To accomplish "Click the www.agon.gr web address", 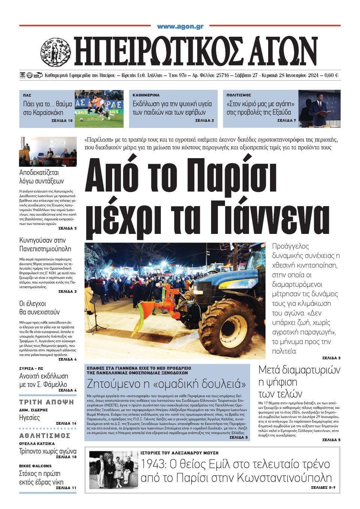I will point(180,27).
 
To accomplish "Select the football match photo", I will point(99,108).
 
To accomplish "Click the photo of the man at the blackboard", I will point(319,108).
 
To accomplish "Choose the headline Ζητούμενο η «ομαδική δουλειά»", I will point(166,384).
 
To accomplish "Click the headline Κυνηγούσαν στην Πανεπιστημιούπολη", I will point(45,244).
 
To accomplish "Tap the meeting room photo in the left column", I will point(48,152).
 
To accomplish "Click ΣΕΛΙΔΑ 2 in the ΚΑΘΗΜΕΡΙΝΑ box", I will point(204,121).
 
